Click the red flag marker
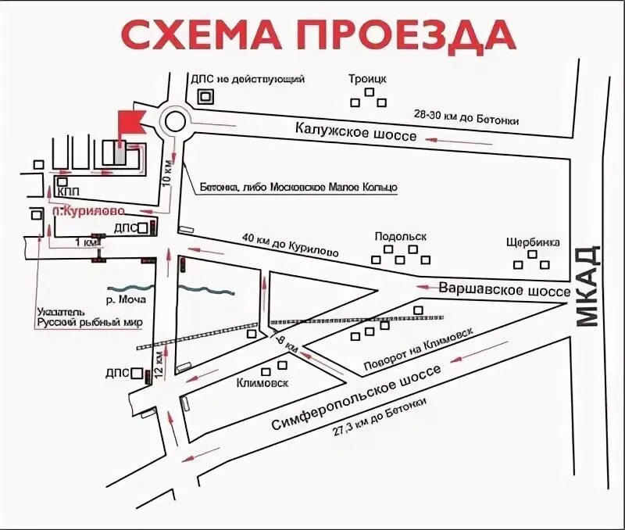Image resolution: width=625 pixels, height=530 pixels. pos(130,121)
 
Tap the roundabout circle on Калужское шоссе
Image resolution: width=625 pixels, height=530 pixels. pos(173,122)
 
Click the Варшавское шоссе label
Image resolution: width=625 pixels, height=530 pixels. pos(504,290)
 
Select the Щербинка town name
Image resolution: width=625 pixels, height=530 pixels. pos(533,242)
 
